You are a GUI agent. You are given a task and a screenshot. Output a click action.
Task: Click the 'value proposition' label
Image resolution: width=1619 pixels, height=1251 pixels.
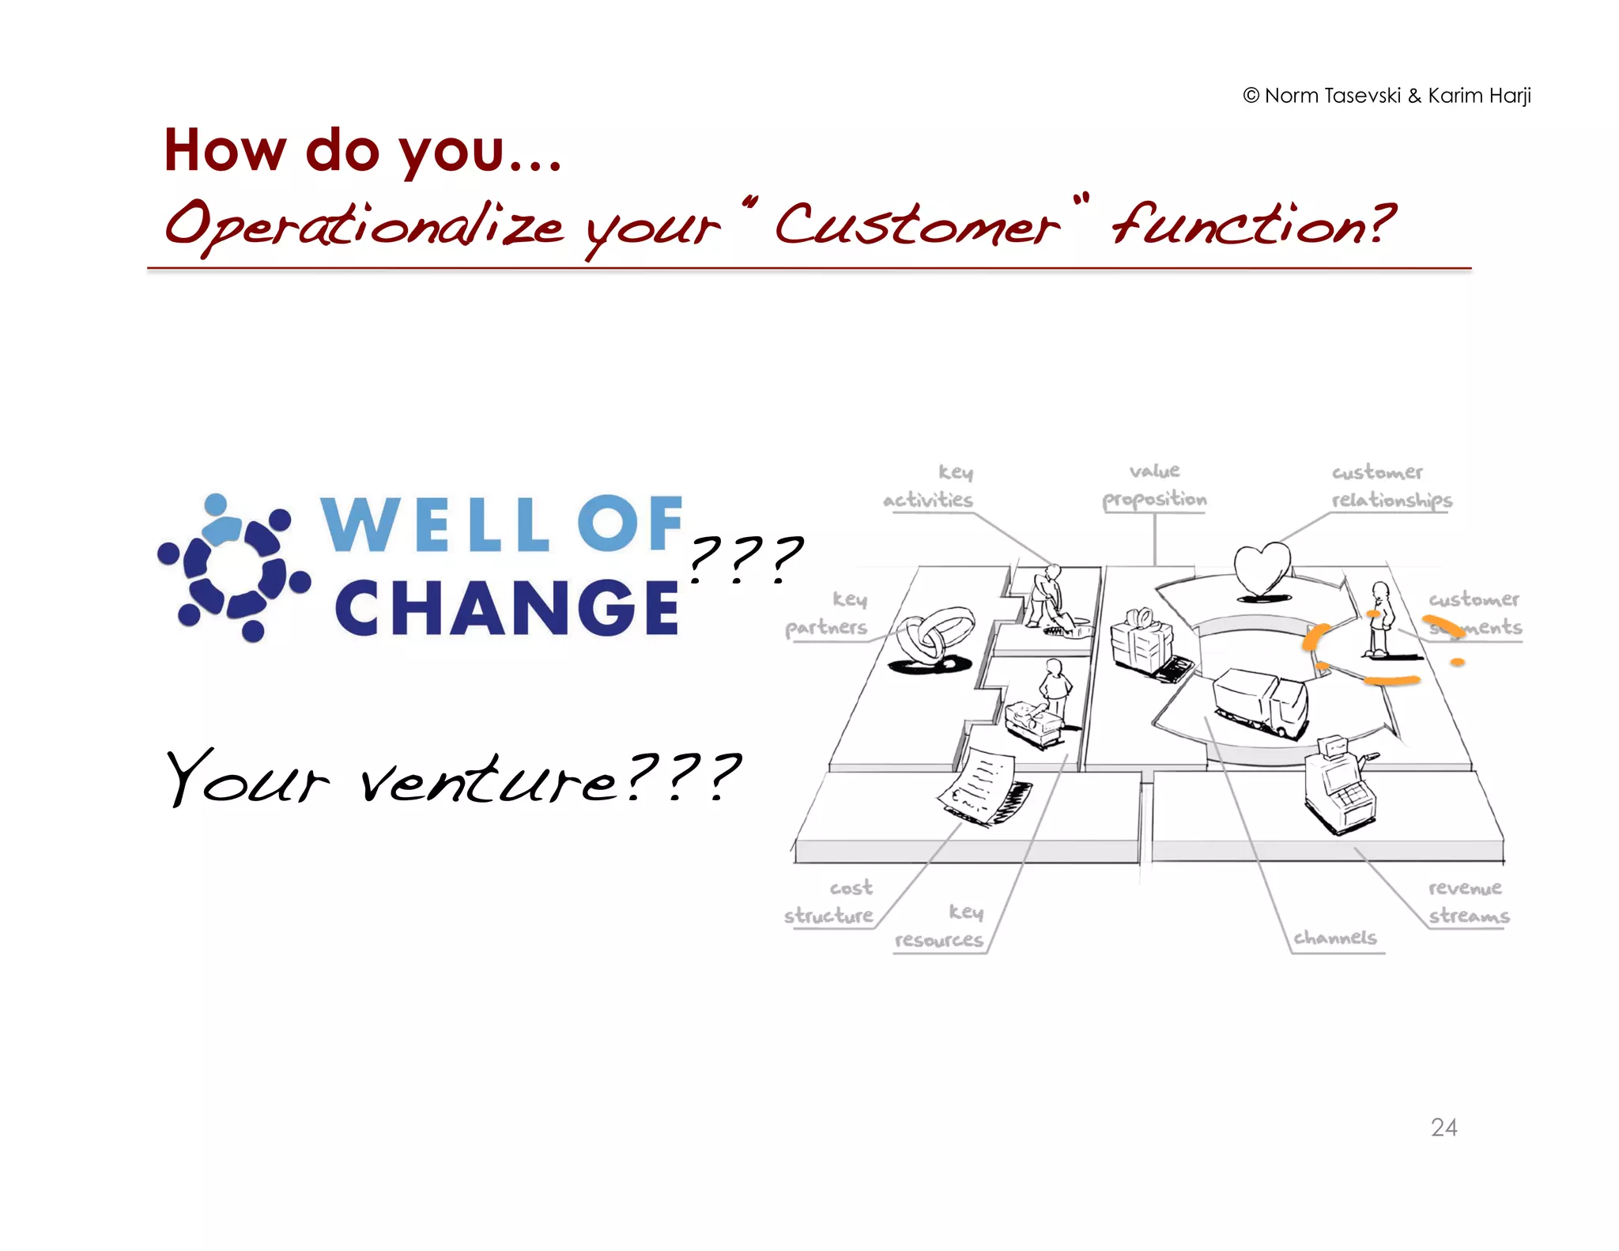1154,486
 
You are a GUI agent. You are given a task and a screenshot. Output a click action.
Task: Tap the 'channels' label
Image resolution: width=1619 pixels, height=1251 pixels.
1335,938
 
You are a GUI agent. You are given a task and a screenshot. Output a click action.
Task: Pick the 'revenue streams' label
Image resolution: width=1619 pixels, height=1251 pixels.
1468,901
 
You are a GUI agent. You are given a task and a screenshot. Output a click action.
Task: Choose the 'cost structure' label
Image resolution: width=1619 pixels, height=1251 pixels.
831,901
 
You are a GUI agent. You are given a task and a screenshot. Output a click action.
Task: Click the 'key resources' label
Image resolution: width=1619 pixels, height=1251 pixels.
941,926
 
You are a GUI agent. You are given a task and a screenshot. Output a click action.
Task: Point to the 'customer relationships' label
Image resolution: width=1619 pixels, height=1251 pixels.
1391,486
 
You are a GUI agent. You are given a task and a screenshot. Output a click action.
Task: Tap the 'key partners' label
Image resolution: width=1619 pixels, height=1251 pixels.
828,613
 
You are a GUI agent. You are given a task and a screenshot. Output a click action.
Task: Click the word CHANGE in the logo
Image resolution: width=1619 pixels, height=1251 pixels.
507,607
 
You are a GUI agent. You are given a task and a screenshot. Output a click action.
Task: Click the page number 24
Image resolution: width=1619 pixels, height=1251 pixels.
1444,1127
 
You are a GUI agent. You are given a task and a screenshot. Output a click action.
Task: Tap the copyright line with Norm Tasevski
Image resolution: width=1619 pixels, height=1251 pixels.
1387,96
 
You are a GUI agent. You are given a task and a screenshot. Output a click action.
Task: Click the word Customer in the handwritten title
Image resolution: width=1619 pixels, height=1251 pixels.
917,225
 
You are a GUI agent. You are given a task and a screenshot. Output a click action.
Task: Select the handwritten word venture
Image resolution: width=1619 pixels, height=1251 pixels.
489,779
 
